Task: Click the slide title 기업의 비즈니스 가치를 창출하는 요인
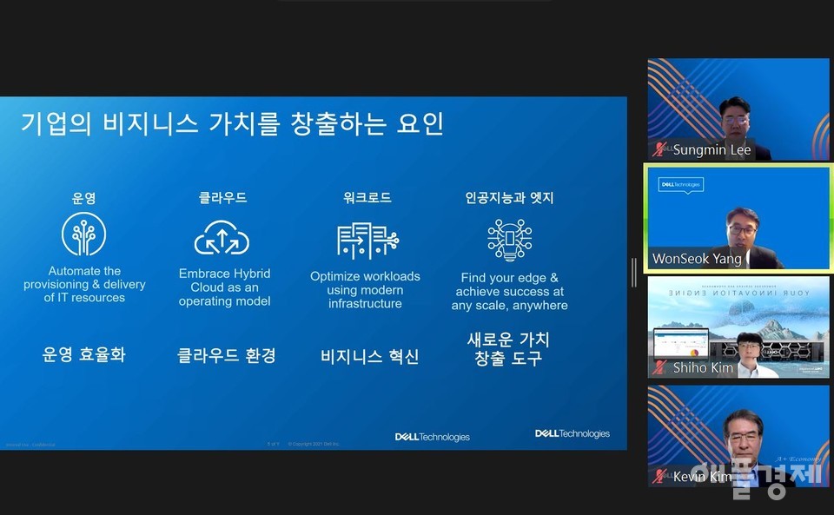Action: click(232, 124)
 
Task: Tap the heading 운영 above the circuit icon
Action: click(84, 198)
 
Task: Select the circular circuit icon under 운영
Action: click(84, 235)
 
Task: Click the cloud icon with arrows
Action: click(222, 237)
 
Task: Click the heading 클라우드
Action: click(223, 198)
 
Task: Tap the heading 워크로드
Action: click(367, 198)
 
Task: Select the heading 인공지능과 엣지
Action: click(509, 198)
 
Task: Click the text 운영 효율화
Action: click(84, 354)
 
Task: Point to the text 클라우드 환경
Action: click(227, 355)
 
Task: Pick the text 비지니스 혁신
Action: click(369, 356)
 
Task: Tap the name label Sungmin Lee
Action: click(712, 150)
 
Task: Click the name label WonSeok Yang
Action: click(698, 259)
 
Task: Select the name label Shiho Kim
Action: click(703, 368)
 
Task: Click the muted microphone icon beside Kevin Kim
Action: click(661, 476)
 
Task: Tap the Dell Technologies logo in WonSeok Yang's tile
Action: click(681, 184)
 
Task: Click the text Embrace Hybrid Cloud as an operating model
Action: click(224, 287)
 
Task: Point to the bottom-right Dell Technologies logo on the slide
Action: click(572, 433)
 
